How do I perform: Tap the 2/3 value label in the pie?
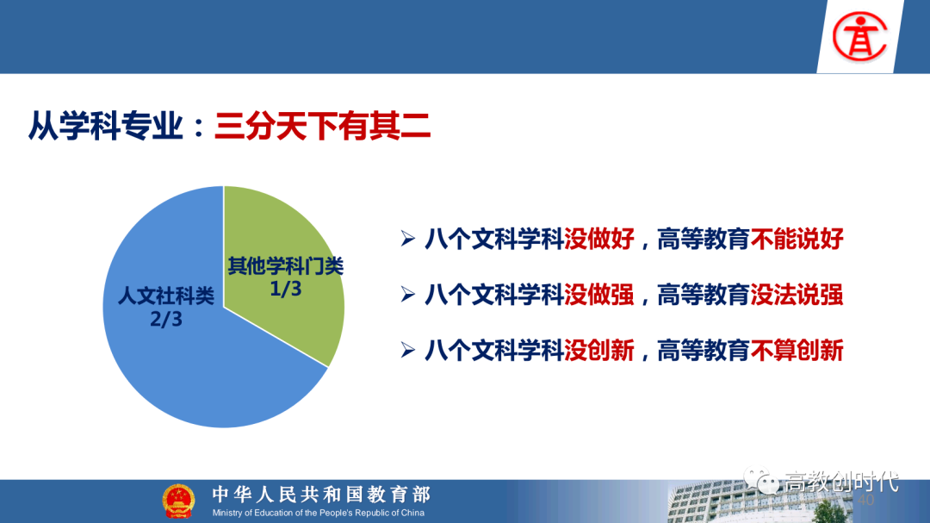point(166,320)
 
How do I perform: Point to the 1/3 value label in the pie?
point(285,290)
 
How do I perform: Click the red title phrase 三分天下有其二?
point(323,126)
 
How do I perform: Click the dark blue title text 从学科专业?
point(106,126)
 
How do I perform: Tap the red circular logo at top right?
point(859,37)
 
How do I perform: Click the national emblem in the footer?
point(178,501)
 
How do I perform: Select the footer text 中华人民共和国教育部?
point(321,494)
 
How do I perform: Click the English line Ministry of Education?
point(319,513)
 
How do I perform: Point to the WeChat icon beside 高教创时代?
point(761,480)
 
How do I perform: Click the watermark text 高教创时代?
point(841,482)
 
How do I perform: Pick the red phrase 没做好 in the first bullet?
point(599,240)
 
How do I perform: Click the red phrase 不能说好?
point(797,240)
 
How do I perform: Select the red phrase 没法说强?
point(797,295)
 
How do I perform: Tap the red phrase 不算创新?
point(797,351)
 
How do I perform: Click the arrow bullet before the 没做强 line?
point(407,295)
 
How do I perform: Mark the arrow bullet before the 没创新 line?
point(407,351)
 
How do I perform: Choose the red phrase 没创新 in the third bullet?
point(599,351)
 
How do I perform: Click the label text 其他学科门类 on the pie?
point(286,266)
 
